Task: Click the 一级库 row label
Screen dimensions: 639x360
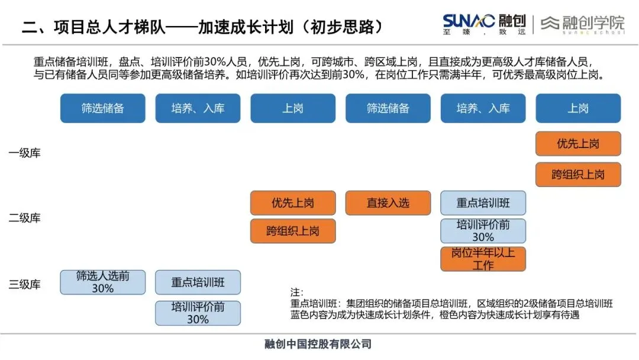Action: click(x=24, y=153)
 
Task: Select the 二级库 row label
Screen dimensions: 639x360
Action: click(x=24, y=218)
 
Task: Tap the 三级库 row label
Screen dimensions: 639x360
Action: click(x=24, y=284)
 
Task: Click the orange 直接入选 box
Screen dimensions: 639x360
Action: click(x=388, y=203)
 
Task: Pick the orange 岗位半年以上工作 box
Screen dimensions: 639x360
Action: click(x=483, y=259)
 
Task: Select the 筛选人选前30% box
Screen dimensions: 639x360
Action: click(x=103, y=282)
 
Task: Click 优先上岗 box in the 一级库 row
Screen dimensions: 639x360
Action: click(x=578, y=143)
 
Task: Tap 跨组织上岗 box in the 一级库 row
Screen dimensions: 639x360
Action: click(x=578, y=175)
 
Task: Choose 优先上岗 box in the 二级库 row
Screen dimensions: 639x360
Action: click(x=293, y=203)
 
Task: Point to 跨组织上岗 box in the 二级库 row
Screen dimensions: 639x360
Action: click(x=293, y=231)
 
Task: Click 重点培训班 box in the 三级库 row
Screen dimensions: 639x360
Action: click(x=198, y=282)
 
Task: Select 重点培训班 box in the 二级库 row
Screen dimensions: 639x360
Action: click(x=483, y=203)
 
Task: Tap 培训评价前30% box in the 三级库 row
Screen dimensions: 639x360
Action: click(x=198, y=313)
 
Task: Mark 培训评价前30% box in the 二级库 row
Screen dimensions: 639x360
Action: click(x=483, y=231)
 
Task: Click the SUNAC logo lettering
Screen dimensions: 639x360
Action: click(x=468, y=21)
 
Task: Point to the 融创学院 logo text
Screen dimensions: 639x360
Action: click(x=592, y=22)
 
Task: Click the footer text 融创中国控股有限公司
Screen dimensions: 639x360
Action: click(x=318, y=344)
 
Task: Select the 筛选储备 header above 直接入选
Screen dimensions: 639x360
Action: click(x=388, y=108)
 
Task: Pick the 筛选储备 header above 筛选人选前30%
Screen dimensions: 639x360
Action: click(x=103, y=108)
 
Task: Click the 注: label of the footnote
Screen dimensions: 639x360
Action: click(x=296, y=292)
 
